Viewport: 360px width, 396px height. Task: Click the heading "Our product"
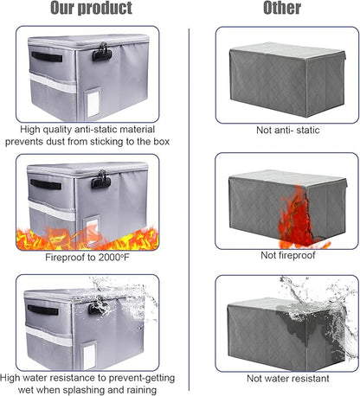point(91,10)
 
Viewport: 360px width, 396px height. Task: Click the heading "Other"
point(281,10)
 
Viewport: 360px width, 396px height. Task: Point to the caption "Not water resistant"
point(286,379)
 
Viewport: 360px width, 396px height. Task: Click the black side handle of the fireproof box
point(45,184)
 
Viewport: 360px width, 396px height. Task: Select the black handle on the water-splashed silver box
point(43,310)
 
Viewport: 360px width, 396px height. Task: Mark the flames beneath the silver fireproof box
point(87,236)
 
